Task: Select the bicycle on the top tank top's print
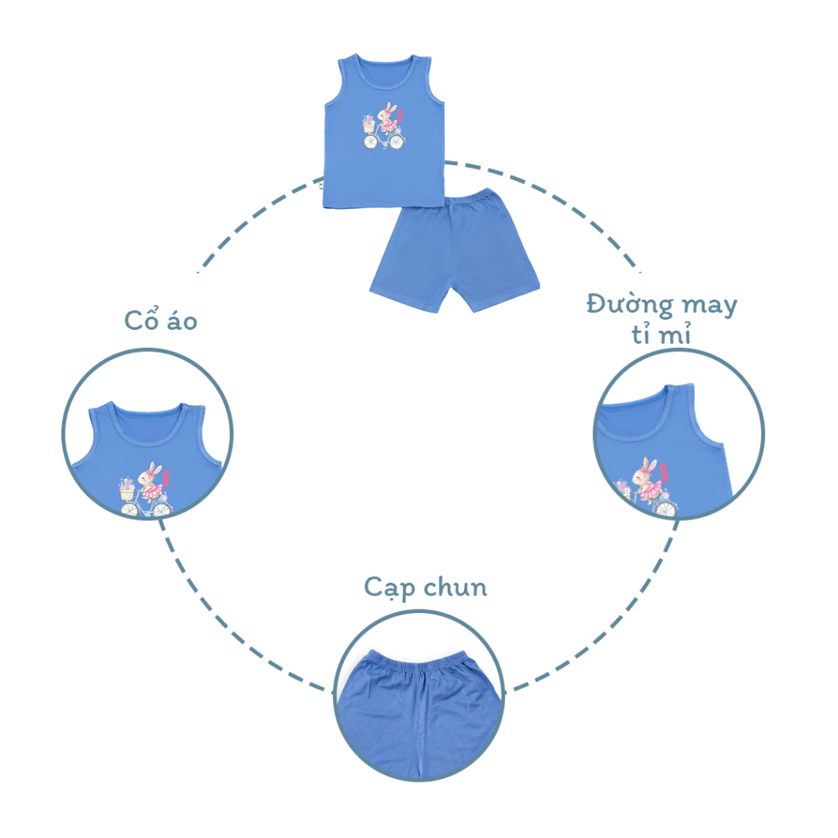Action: click(384, 141)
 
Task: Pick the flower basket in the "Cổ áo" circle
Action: click(125, 489)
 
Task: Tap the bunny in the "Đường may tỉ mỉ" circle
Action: click(649, 480)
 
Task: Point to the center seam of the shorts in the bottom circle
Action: click(419, 720)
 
